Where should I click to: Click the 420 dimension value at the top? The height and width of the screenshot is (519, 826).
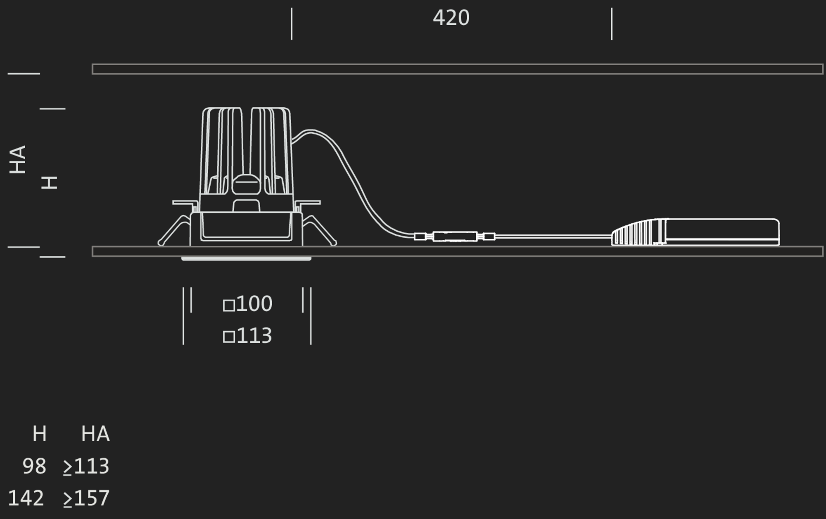click(451, 18)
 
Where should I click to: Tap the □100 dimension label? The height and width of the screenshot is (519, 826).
click(247, 304)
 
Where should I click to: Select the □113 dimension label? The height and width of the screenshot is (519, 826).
click(247, 336)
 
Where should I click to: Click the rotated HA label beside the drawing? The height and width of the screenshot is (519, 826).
click(17, 159)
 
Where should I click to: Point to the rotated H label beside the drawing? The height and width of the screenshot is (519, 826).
click(49, 182)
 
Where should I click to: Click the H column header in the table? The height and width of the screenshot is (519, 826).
click(40, 434)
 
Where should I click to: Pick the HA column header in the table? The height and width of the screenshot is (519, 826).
click(95, 434)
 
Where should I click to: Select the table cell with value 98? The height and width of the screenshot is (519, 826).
click(34, 466)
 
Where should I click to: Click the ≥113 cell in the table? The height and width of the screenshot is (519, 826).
click(86, 467)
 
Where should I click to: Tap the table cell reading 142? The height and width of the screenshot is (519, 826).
click(26, 498)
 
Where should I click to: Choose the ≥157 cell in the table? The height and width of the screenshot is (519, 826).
click(86, 498)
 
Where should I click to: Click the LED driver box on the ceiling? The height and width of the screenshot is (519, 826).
click(695, 232)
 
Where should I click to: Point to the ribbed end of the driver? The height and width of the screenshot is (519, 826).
click(638, 233)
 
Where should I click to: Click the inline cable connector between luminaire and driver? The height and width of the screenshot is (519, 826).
click(455, 237)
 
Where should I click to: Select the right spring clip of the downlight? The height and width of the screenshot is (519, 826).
click(319, 230)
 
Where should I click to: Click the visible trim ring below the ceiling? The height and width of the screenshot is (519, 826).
click(246, 259)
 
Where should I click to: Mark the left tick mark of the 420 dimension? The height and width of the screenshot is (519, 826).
click(292, 24)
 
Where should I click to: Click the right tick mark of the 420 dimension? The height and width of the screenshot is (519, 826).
click(612, 24)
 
